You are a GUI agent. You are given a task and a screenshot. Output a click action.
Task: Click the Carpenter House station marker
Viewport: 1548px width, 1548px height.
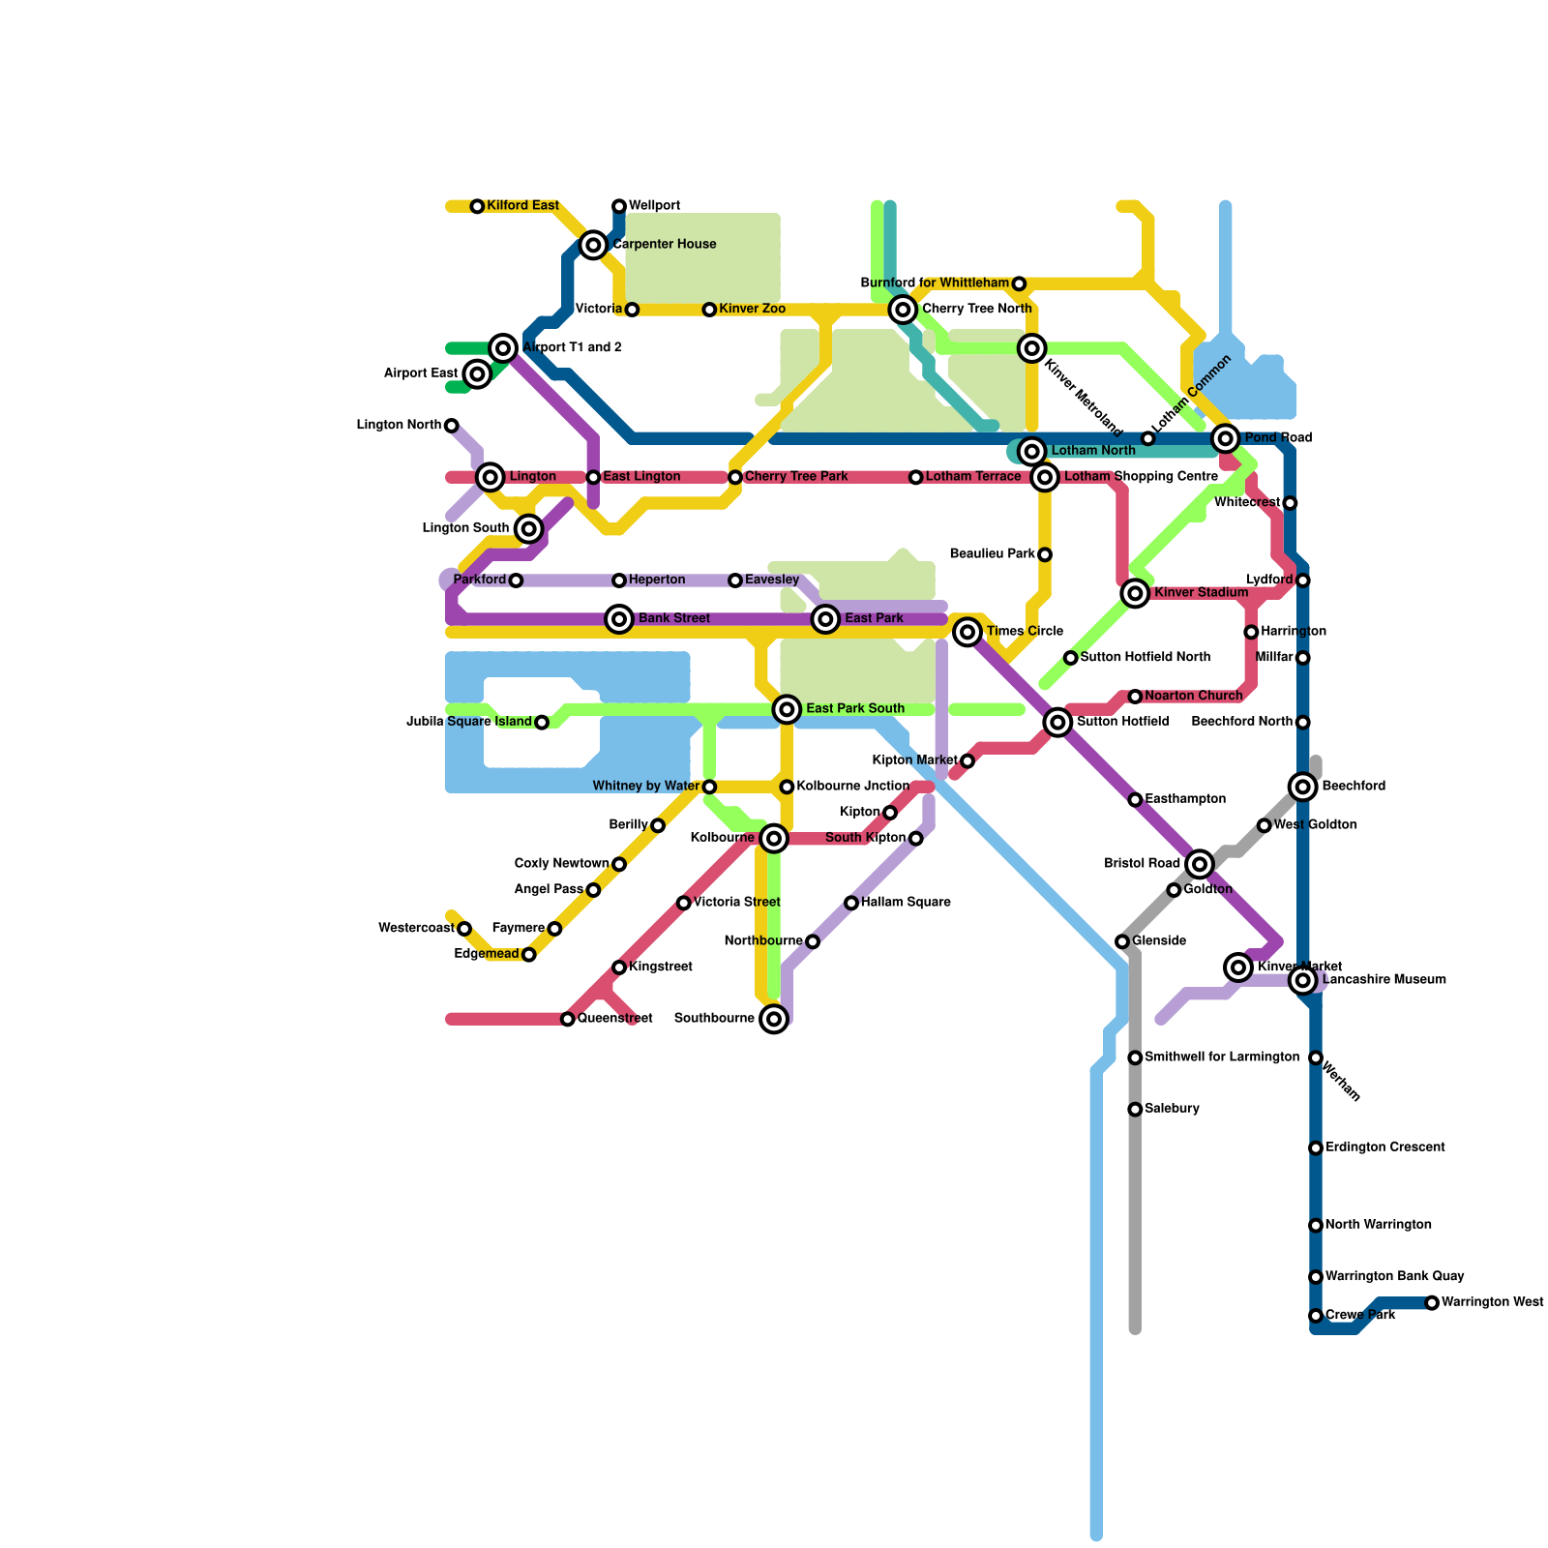pos(594,246)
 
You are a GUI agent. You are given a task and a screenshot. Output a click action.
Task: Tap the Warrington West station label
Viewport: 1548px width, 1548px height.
pos(1492,1302)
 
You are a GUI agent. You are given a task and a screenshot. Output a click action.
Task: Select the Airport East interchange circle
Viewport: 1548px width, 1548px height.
pos(477,373)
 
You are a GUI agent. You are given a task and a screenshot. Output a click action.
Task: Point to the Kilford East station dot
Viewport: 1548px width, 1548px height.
pos(477,207)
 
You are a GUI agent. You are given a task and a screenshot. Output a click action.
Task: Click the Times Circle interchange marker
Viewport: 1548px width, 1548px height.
pos(967,633)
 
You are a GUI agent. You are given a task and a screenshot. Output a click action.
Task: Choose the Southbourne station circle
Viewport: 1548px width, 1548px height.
pos(773,1019)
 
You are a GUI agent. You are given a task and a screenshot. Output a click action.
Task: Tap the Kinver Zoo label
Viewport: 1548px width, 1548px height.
pos(752,310)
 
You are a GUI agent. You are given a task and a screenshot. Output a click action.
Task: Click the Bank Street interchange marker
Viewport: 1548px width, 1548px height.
pos(619,619)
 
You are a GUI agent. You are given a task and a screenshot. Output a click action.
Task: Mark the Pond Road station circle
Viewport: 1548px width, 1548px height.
pos(1226,438)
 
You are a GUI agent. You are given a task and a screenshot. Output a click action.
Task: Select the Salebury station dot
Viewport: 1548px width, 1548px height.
pos(1135,1109)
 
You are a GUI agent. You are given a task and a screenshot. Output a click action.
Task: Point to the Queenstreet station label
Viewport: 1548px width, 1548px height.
pos(614,1019)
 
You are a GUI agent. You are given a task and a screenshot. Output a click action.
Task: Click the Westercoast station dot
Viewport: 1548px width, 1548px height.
pos(464,929)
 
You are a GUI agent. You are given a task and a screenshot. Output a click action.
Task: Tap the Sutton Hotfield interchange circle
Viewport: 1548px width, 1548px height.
pos(1057,722)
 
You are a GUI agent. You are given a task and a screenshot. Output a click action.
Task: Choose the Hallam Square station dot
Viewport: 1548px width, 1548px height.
pos(851,903)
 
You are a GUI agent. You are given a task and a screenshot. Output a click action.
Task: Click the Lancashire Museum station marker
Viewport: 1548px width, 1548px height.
pos(1303,981)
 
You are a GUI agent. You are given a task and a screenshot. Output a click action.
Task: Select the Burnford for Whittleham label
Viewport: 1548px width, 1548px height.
pos(935,283)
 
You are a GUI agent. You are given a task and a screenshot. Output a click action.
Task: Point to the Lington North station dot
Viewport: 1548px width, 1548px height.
pos(451,426)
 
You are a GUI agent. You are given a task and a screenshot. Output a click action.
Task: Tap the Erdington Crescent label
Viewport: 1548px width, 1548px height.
pos(1384,1147)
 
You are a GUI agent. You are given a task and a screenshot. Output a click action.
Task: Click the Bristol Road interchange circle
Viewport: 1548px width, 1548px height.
pos(1200,864)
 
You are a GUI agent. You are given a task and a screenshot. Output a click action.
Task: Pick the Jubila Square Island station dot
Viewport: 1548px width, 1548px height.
pos(542,723)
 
